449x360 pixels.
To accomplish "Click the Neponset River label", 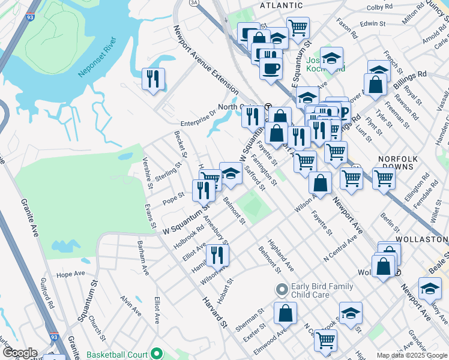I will pyautogui.click(x=97, y=59).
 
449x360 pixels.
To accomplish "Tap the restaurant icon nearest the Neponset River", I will pyautogui.click(x=153, y=79).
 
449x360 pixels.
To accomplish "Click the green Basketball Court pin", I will pyautogui.click(x=157, y=353).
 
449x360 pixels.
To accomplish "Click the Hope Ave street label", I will pyautogui.click(x=71, y=274).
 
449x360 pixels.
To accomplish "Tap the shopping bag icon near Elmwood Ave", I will pyautogui.click(x=285, y=313).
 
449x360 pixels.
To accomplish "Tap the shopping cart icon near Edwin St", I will pyautogui.click(x=298, y=28).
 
